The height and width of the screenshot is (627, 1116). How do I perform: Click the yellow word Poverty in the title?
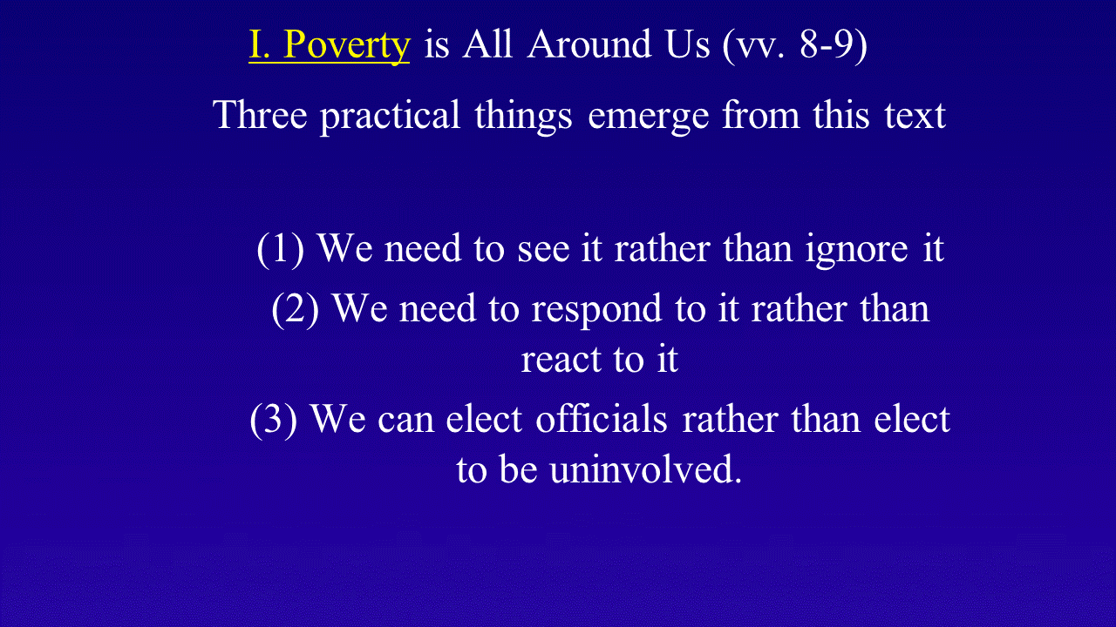[346, 46]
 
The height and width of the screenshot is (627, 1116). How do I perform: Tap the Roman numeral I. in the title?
[259, 44]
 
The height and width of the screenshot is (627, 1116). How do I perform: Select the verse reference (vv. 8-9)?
[794, 46]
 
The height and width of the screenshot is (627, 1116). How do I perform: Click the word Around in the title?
[589, 44]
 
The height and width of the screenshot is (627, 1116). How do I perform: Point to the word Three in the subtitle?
[260, 114]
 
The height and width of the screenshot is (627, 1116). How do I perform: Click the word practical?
[390, 117]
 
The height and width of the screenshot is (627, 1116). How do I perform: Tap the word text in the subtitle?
[915, 116]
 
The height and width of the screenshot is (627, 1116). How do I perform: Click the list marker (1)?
[281, 249]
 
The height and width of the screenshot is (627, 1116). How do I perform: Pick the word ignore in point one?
[856, 250]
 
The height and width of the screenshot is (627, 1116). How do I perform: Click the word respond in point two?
[597, 311]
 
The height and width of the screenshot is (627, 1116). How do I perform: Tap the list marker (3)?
[274, 420]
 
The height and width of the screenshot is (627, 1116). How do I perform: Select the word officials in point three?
[602, 419]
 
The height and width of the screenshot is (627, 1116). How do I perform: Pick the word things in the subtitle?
[523, 117]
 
